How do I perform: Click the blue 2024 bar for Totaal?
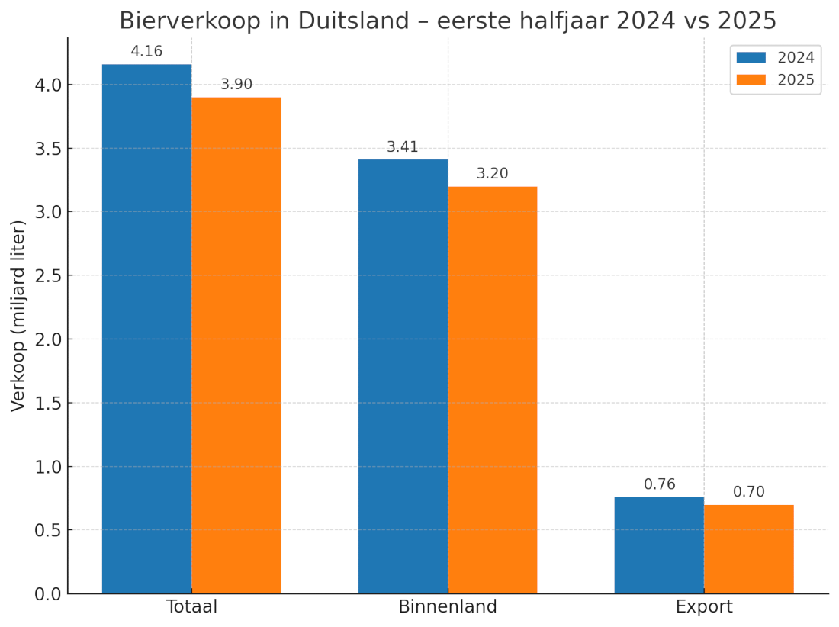coord(146,328)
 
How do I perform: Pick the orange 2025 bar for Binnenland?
coord(493,390)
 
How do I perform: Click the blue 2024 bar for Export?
coord(659,545)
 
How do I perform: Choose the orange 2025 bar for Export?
coord(749,548)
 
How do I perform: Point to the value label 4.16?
coord(146,52)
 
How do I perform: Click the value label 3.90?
coord(236,85)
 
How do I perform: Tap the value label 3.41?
coord(403,147)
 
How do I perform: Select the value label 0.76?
coord(659,484)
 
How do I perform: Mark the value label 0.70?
coord(749,492)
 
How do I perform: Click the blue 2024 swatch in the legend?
coord(751,57)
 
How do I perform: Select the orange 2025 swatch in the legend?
coord(751,80)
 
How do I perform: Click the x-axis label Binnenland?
coord(448,607)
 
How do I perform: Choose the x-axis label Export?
coord(704,607)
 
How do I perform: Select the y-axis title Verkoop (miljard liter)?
coord(19,315)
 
